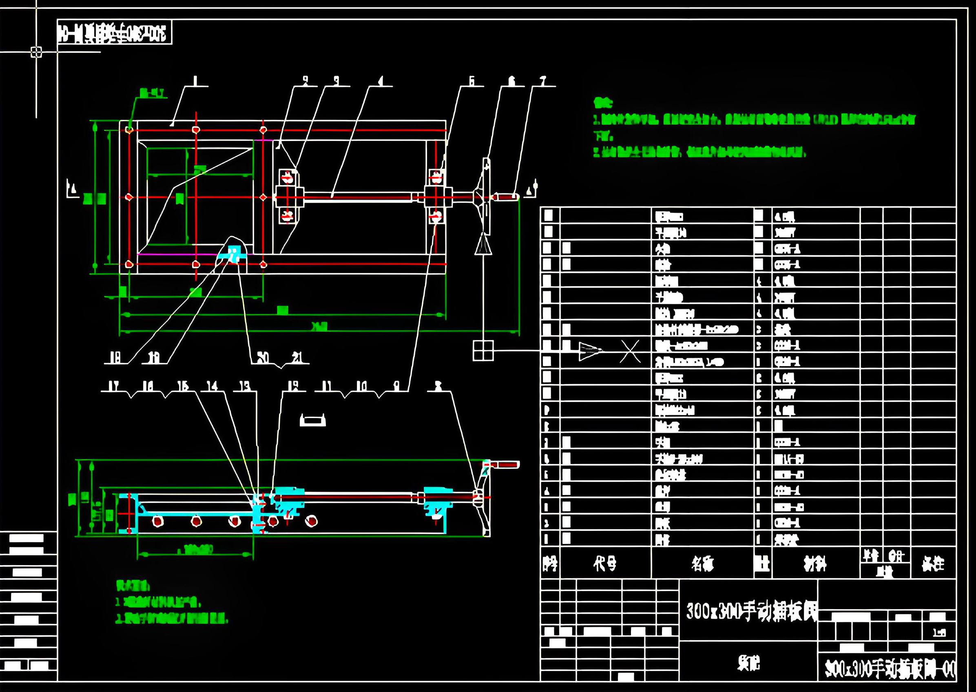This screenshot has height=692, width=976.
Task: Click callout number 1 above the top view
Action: [x=195, y=81]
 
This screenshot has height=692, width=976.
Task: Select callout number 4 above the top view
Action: [x=381, y=81]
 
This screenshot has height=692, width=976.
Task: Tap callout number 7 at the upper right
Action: [x=542, y=81]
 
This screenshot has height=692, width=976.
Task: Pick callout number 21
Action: [x=297, y=357]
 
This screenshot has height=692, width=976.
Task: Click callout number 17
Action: [x=113, y=386]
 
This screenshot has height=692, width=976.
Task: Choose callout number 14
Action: [x=212, y=386]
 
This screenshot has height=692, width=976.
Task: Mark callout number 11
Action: [x=326, y=386]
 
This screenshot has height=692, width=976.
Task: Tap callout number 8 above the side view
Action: [x=438, y=386]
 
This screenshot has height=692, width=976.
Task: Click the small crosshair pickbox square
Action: [x=36, y=52]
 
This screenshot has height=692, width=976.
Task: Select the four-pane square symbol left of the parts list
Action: [x=483, y=350]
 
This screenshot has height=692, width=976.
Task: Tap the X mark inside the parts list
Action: [x=630, y=351]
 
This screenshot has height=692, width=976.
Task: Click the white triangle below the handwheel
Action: [x=483, y=245]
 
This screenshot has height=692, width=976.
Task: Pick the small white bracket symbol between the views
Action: [x=313, y=420]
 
